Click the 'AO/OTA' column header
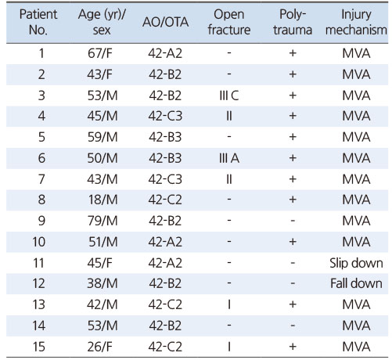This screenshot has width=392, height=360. point(165,22)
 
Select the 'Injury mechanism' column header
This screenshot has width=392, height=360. point(356,22)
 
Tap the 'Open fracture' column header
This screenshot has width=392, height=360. point(229,22)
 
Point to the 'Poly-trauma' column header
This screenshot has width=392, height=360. point(293,22)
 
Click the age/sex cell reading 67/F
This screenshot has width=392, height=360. point(100,53)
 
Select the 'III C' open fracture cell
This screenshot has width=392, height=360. point(229,95)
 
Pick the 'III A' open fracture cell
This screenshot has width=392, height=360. point(229,158)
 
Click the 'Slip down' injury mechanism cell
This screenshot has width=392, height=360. point(356,263)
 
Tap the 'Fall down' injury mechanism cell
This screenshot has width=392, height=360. point(356,283)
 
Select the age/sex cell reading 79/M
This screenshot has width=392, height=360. point(102,221)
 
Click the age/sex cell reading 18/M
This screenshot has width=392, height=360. point(102,200)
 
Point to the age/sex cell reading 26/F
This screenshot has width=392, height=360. point(100,347)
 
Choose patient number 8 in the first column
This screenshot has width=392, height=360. point(41,200)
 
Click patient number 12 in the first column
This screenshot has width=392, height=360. point(38,283)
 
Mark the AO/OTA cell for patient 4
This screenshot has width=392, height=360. point(165,116)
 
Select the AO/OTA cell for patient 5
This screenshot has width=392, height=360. point(165,137)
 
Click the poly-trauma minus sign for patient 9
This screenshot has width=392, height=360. point(293,221)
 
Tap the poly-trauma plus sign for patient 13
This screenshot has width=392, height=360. point(293,304)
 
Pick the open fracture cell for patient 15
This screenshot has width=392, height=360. point(229,347)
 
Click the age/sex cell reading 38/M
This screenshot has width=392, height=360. point(102,283)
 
